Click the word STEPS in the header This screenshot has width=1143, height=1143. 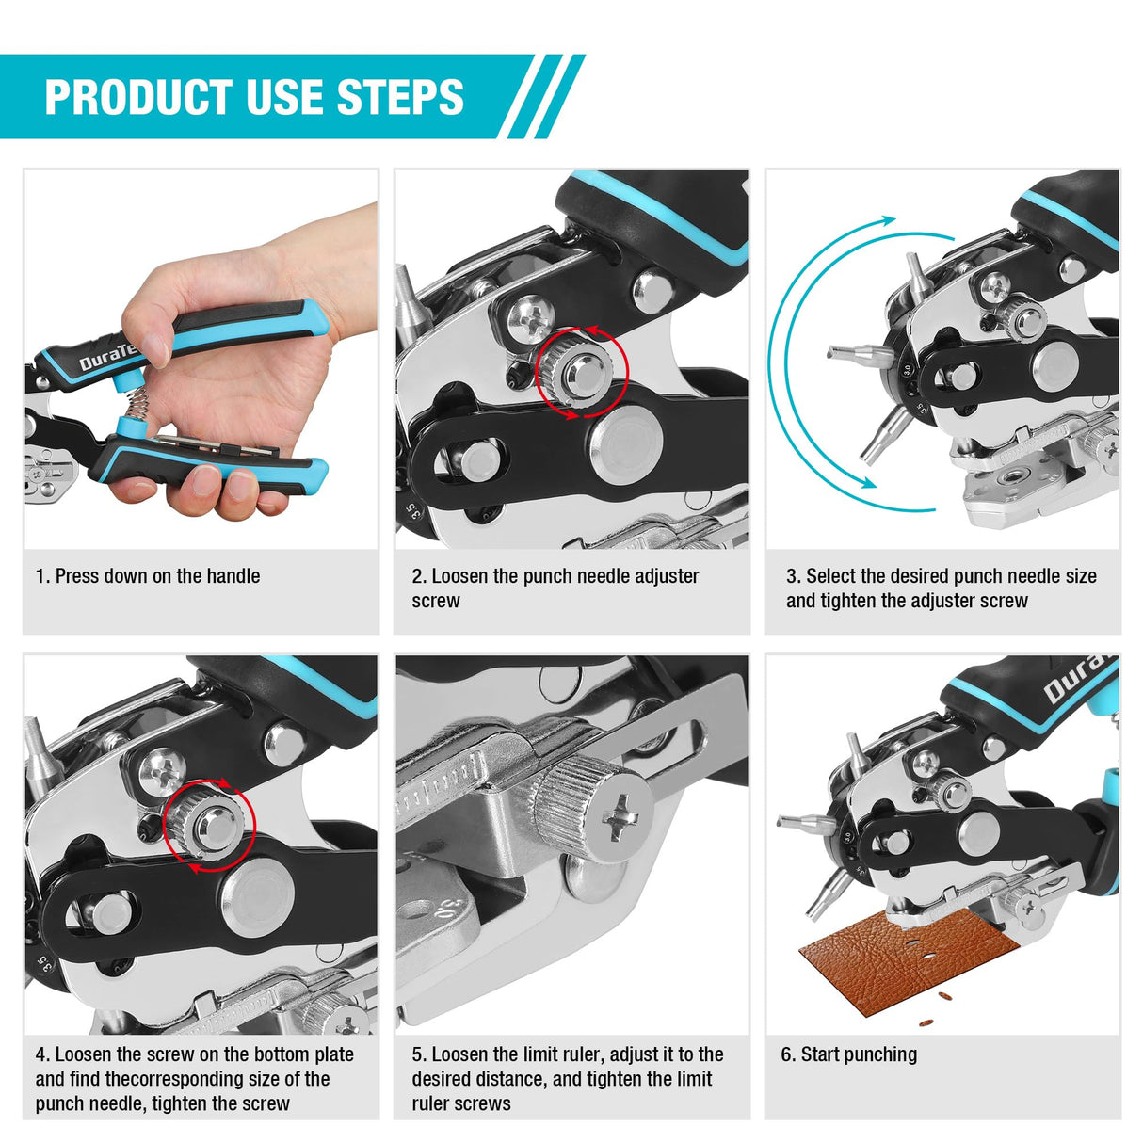click(400, 97)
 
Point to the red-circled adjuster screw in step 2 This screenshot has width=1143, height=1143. click(580, 370)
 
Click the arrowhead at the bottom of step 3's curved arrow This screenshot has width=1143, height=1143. click(862, 481)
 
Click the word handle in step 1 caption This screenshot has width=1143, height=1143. click(233, 576)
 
